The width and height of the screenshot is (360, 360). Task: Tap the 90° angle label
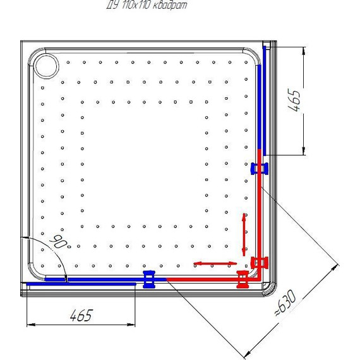[x=60, y=242]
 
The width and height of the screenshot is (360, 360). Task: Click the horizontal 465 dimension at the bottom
[x=81, y=315]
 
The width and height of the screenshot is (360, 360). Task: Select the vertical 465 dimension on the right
[x=294, y=100]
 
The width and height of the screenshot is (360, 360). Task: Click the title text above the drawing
[x=147, y=5]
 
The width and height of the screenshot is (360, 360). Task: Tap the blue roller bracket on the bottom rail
[x=149, y=279]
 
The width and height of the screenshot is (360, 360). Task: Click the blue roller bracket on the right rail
[x=259, y=169]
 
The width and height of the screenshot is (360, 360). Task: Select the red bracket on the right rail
[x=260, y=263]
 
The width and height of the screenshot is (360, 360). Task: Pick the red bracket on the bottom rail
[x=243, y=279]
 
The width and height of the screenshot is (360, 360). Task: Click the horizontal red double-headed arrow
[x=215, y=263]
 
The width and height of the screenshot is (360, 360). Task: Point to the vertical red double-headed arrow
[x=244, y=235]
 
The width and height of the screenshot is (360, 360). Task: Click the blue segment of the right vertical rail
[x=260, y=107]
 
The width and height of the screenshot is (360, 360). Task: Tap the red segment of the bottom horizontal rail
[x=212, y=279]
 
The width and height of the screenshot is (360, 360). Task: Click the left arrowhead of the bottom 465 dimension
[x=31, y=325]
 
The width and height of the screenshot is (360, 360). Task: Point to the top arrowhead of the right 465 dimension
[x=304, y=52]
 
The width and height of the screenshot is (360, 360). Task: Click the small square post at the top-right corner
[x=267, y=44]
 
